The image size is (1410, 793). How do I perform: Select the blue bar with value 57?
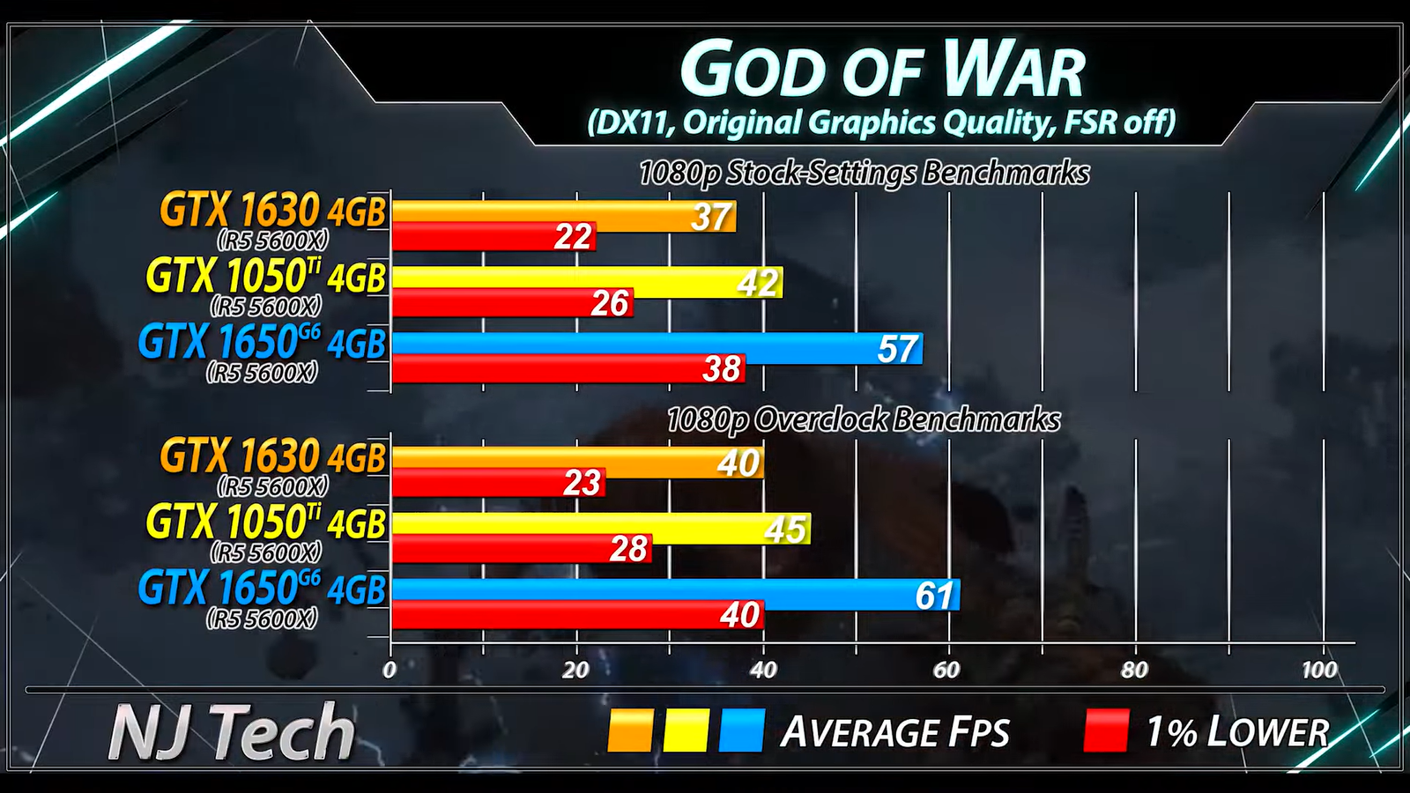coord(657,348)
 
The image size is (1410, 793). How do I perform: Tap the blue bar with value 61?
coord(675,595)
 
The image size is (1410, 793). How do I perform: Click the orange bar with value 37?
coord(564,215)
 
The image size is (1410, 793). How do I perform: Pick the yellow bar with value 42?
coord(587,282)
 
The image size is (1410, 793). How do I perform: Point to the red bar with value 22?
coord(493,236)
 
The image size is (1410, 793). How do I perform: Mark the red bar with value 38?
coord(568,368)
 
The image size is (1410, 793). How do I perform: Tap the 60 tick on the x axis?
coord(946,670)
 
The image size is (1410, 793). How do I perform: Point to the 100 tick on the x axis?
coord(1319,670)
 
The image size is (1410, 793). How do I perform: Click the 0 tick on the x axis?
coord(390,670)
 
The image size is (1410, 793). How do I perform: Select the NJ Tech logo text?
coord(231,731)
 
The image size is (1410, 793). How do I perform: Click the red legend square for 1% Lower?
coord(1106,731)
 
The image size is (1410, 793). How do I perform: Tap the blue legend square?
coord(741,731)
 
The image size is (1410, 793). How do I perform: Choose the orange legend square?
coord(630,731)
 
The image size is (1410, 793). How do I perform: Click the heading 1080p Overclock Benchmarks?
coord(864,419)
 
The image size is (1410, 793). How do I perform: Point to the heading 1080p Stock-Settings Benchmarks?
coord(864,173)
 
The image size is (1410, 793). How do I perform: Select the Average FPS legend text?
coord(894,732)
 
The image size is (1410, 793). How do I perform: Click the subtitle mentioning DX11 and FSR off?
coord(881,122)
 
